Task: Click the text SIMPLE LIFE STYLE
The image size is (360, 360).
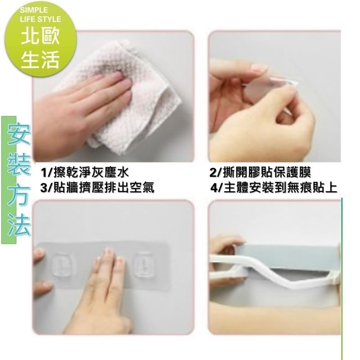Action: pos(40,14)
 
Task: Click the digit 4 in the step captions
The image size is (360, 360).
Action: pos(214,188)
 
